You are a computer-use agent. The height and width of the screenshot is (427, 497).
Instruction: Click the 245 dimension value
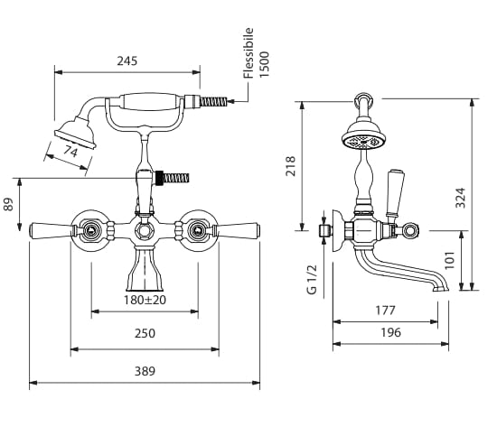(x=127, y=60)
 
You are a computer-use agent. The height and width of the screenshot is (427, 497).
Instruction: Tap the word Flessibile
(x=248, y=53)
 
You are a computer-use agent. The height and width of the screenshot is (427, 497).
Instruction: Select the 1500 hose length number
(x=264, y=64)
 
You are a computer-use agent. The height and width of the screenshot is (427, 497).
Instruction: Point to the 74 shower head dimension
(x=70, y=152)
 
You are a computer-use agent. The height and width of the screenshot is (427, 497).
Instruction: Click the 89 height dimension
(x=8, y=204)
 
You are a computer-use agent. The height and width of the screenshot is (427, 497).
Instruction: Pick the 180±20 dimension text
(x=145, y=300)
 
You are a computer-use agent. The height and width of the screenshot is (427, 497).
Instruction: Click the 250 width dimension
(x=145, y=333)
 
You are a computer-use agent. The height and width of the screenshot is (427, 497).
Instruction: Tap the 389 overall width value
(x=145, y=371)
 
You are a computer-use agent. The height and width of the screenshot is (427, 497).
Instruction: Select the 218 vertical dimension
(x=290, y=166)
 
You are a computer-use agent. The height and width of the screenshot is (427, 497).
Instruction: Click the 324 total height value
(x=460, y=198)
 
